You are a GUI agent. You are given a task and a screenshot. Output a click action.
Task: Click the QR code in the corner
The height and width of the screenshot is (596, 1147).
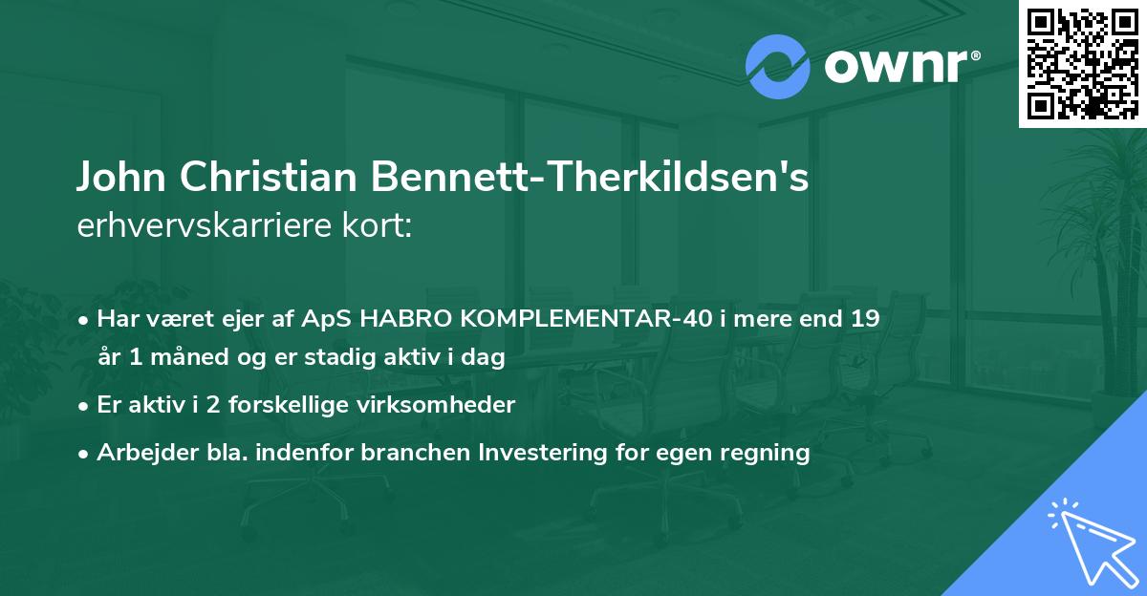1082,63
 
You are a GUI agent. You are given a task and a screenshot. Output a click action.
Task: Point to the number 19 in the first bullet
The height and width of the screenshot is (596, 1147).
863,317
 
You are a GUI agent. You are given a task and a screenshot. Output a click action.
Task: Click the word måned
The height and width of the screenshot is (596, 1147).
186,359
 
